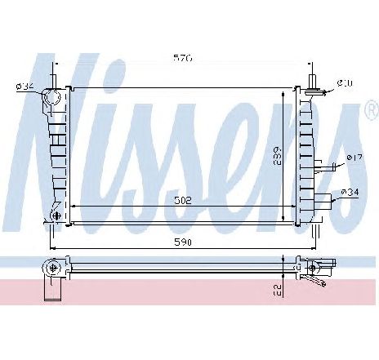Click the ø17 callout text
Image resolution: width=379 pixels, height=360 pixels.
coord(354,158)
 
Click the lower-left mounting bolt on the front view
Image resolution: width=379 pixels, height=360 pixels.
coord(55,216)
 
